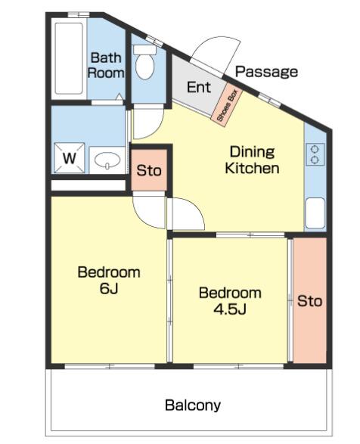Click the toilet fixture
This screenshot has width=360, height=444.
click(144, 62)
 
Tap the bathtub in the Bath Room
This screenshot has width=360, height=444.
click(69, 58)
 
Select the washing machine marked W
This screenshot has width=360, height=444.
click(70, 158)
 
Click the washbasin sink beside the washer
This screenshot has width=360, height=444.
click(107, 160)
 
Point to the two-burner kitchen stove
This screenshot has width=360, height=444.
click(315, 154)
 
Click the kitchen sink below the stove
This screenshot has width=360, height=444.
click(315, 213)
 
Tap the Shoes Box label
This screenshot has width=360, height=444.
click(227, 105)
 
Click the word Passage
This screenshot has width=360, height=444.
click(266, 71)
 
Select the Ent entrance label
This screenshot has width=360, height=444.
click(199, 87)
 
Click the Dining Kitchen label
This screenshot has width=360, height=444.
click(252, 160)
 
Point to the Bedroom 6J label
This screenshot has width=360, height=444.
click(109, 280)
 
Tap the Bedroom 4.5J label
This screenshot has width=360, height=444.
click(230, 301)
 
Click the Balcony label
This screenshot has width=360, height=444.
click(193, 405)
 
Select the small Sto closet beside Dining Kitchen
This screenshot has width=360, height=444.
click(149, 170)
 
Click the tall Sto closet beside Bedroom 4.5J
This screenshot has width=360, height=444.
click(309, 300)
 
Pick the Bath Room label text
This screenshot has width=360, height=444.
click(106, 65)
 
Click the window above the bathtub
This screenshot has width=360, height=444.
click(79, 14)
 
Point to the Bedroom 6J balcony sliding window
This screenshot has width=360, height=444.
click(110, 366)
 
